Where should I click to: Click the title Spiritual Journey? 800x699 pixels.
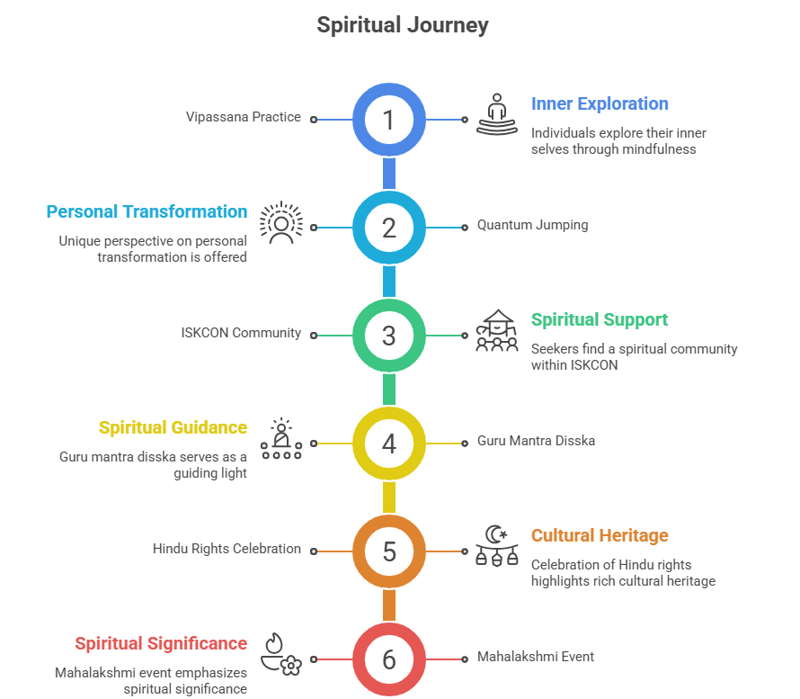pos(402,25)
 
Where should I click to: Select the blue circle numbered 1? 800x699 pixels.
pos(388,120)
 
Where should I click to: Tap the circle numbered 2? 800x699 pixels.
pos(388,228)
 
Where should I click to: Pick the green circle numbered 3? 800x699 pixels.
pos(388,335)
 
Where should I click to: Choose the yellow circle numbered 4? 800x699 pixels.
pos(388,443)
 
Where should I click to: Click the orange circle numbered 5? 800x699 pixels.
pos(388,551)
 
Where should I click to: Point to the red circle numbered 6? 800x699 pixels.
pos(388,659)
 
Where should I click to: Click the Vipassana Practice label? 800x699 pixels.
pos(243,117)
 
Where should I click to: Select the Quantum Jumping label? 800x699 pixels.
pos(532,225)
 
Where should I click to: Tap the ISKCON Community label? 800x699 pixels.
pos(240,333)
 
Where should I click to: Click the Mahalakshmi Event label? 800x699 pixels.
pos(535,657)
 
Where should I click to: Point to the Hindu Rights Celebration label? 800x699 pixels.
pos(227,549)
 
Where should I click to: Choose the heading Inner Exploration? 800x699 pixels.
pos(600,104)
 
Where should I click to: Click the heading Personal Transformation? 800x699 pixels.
pos(147,212)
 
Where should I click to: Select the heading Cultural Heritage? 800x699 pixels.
pos(600,536)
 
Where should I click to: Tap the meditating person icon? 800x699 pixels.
pos(497,114)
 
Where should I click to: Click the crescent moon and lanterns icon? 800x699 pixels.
pos(497,545)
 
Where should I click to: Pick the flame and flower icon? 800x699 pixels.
pos(280,654)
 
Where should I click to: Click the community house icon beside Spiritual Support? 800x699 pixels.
pos(497,330)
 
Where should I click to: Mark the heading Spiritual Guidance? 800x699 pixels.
pos(173,428)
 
